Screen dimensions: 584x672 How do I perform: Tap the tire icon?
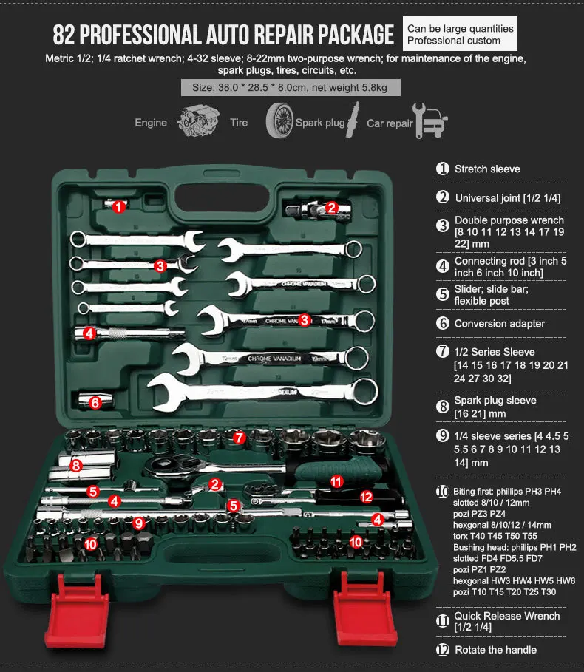[279, 121]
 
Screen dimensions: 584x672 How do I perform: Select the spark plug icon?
[353, 120]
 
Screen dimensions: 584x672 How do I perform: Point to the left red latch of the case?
[77, 609]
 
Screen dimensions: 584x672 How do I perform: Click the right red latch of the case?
[365, 607]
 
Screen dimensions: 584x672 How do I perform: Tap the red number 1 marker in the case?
[119, 206]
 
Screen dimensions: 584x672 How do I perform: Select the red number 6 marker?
[95, 402]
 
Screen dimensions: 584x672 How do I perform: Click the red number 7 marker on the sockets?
[239, 438]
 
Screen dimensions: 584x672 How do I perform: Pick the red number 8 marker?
[76, 465]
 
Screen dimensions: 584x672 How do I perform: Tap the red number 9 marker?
[138, 523]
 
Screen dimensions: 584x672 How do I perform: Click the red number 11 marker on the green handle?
[336, 481]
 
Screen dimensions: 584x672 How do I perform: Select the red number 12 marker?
[366, 497]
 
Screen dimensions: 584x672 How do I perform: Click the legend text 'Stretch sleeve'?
[487, 169]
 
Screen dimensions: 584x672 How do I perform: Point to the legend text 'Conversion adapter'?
[500, 324]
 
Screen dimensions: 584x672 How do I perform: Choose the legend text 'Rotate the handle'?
[495, 650]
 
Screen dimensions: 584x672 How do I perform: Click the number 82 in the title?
[64, 35]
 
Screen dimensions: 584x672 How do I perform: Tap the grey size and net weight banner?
[291, 87]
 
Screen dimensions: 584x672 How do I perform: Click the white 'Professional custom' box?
[460, 34]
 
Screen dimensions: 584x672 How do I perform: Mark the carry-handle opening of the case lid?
[222, 197]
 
